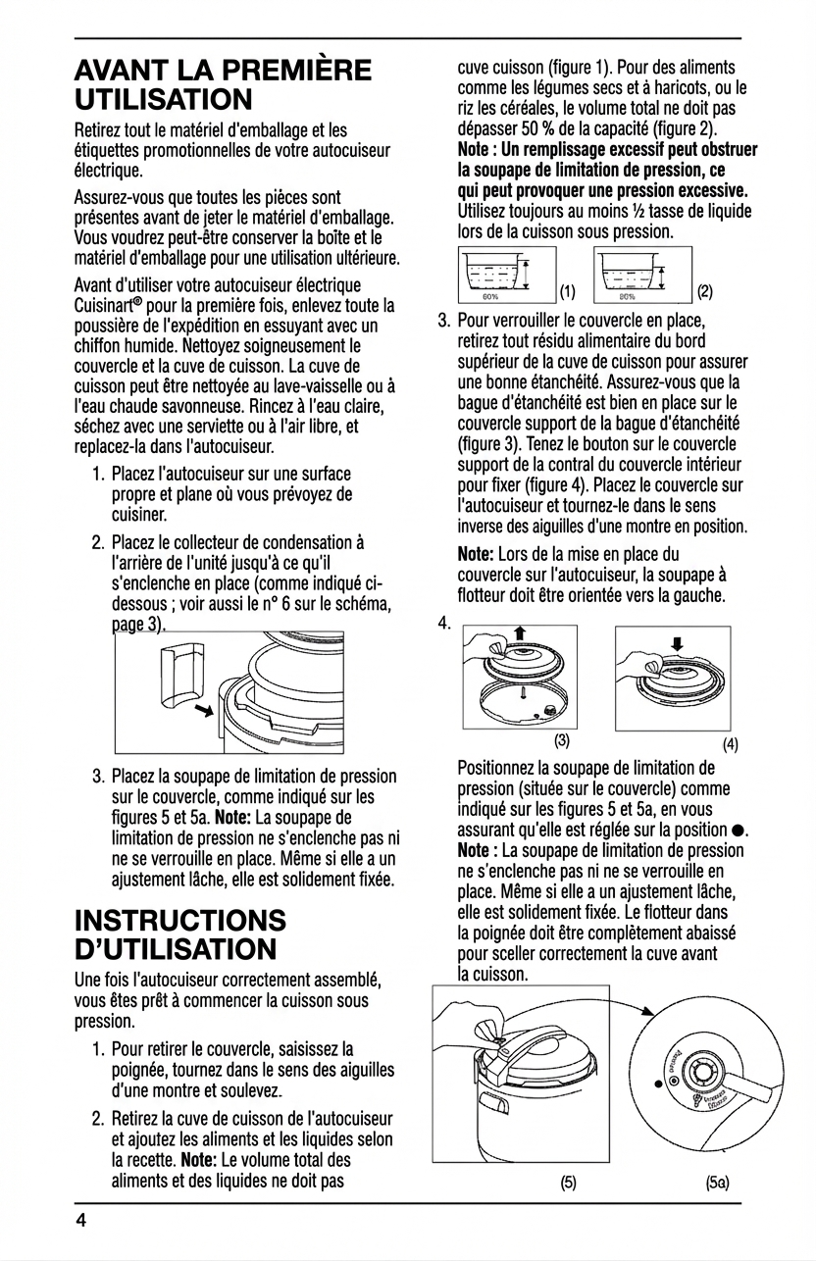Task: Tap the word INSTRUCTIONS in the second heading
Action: [x=180, y=921]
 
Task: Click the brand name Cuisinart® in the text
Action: [x=113, y=306]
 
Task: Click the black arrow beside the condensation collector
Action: [x=204, y=709]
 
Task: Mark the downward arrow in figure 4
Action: [x=676, y=643]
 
